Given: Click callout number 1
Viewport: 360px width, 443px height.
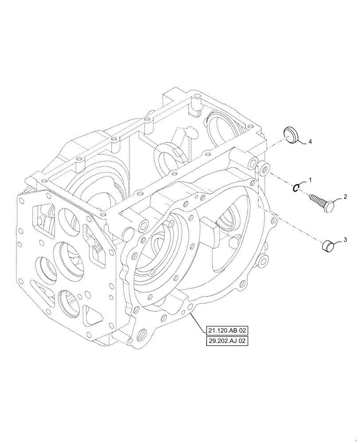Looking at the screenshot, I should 310,180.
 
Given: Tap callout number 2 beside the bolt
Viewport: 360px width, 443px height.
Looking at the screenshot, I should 344,196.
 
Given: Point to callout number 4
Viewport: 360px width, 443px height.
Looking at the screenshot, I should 310,142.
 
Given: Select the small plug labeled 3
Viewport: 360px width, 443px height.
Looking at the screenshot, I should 327,245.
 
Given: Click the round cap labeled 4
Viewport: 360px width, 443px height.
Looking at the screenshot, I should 290,135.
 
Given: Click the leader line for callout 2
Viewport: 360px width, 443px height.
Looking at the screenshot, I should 338,199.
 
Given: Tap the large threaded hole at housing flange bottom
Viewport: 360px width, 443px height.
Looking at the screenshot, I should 144,334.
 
